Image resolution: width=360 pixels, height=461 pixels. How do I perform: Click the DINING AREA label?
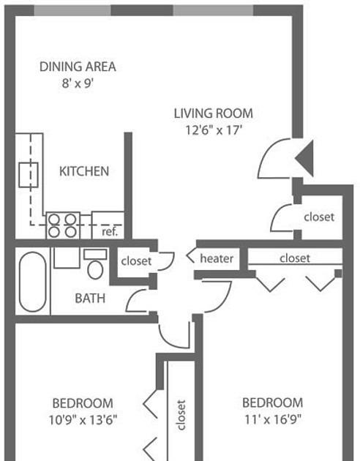tap(78, 67)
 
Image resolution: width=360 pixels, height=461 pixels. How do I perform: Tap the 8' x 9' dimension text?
tap(78, 83)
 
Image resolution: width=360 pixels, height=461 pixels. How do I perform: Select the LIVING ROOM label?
tap(214, 113)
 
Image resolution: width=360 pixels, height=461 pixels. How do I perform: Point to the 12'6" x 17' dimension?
tap(214, 130)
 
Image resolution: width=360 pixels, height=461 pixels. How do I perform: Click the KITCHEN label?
tap(84, 171)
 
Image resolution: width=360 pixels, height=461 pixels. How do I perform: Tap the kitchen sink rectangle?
tap(29, 175)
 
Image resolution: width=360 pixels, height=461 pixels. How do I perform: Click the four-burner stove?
tap(63, 225)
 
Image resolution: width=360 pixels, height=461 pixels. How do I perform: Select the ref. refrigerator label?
tap(110, 232)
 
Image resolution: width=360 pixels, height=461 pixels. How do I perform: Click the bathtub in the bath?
tap(33, 282)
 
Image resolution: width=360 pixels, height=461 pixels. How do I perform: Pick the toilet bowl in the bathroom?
tap(95, 269)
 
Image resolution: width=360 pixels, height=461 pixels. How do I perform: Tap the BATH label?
tap(90, 299)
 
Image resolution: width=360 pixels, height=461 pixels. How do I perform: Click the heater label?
tap(217, 258)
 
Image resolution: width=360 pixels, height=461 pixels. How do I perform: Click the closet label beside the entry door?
tap(319, 217)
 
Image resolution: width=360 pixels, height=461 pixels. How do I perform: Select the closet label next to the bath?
tap(136, 261)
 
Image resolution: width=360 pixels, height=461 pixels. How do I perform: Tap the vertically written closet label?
tap(181, 415)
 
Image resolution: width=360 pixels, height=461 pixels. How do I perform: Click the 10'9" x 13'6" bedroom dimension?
tap(83, 420)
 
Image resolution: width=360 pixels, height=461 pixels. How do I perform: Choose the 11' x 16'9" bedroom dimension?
tap(273, 419)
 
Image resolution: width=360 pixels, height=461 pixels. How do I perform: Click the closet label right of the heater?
tap(295, 258)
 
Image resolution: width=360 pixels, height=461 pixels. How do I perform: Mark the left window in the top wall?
tap(72, 10)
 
